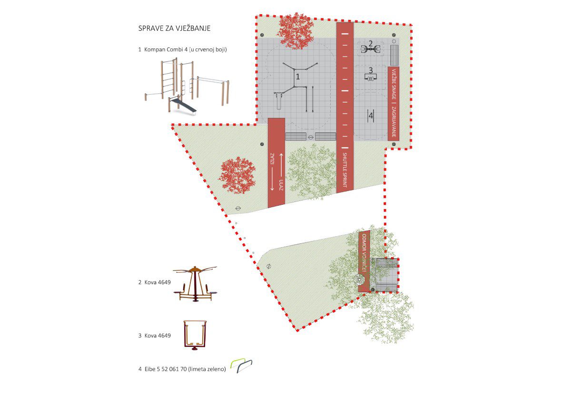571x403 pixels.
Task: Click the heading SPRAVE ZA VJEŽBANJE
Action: coord(174,29)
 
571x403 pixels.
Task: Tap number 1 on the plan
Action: coord(298,76)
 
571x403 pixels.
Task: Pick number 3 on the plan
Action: coord(371,71)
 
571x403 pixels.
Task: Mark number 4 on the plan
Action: coord(371,115)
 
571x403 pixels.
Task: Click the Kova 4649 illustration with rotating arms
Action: coord(194,284)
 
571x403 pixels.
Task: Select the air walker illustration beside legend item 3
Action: coord(194,336)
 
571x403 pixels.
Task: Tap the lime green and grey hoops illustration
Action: coord(241,366)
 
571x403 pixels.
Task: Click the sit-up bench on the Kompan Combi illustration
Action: coord(185,105)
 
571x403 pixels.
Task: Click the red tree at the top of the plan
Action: coord(295,29)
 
